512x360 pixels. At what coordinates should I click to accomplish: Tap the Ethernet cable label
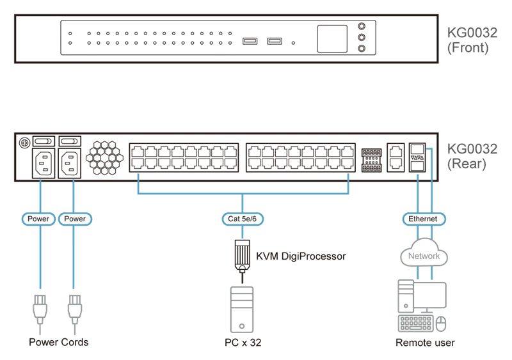pyautogui.click(x=423, y=219)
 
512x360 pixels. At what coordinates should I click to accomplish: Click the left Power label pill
pyautogui.click(x=38, y=219)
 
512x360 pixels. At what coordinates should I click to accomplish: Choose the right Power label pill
pyautogui.click(x=75, y=219)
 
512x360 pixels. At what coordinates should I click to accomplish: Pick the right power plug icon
pyautogui.click(x=75, y=307)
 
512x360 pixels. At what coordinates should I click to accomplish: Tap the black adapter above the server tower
pyautogui.click(x=241, y=255)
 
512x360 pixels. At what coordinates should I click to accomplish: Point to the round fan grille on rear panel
pyautogui.click(x=103, y=155)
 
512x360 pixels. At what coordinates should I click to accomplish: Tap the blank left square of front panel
pyautogui.click(x=39, y=38)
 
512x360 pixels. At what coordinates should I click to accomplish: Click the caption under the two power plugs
pyautogui.click(x=59, y=343)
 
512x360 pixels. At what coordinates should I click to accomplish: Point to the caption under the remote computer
pyautogui.click(x=424, y=343)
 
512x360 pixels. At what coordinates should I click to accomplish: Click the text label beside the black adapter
pyautogui.click(x=301, y=256)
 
